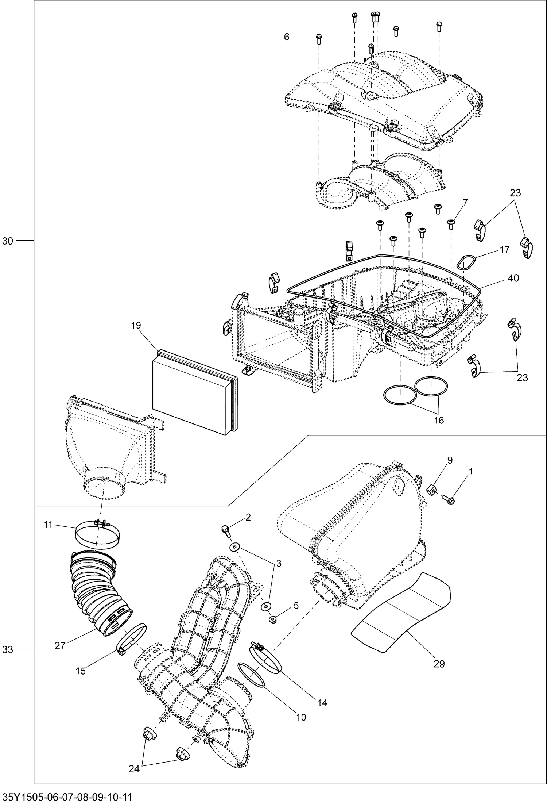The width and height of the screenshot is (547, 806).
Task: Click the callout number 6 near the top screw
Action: point(286,37)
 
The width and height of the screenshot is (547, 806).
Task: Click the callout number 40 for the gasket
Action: point(513,278)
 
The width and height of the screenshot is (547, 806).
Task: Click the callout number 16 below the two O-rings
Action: point(439,420)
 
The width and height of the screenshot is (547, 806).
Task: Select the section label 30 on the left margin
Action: point(8,241)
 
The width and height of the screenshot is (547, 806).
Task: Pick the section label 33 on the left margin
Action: point(8,649)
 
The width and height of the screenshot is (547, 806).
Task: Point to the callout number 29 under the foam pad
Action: point(439,664)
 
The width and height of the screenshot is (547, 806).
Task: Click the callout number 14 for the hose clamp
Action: point(322,702)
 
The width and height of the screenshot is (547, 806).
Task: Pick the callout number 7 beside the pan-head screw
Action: point(465,202)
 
